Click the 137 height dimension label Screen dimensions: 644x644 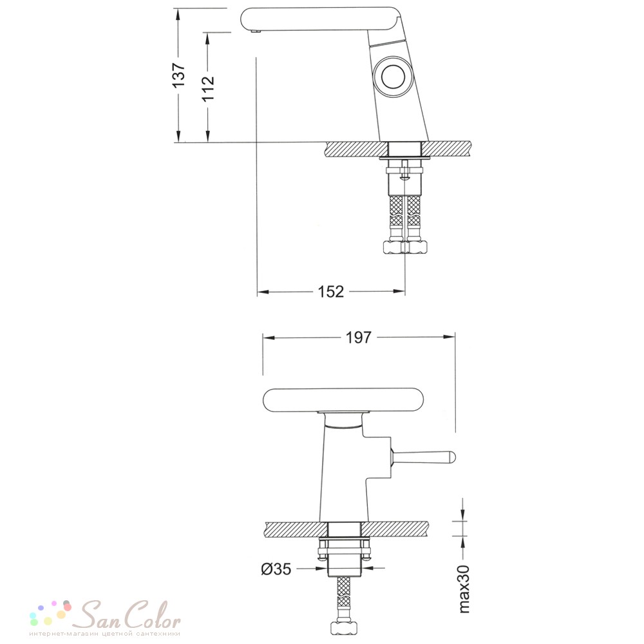pos(179,75)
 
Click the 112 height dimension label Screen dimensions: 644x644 pos(208,88)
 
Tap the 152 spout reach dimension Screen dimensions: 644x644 pos(330,292)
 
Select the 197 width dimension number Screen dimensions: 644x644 pos(359,337)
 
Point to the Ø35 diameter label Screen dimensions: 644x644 pos(276,569)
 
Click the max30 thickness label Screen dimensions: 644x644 pos(463,589)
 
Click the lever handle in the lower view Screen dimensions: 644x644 pos(423,457)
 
